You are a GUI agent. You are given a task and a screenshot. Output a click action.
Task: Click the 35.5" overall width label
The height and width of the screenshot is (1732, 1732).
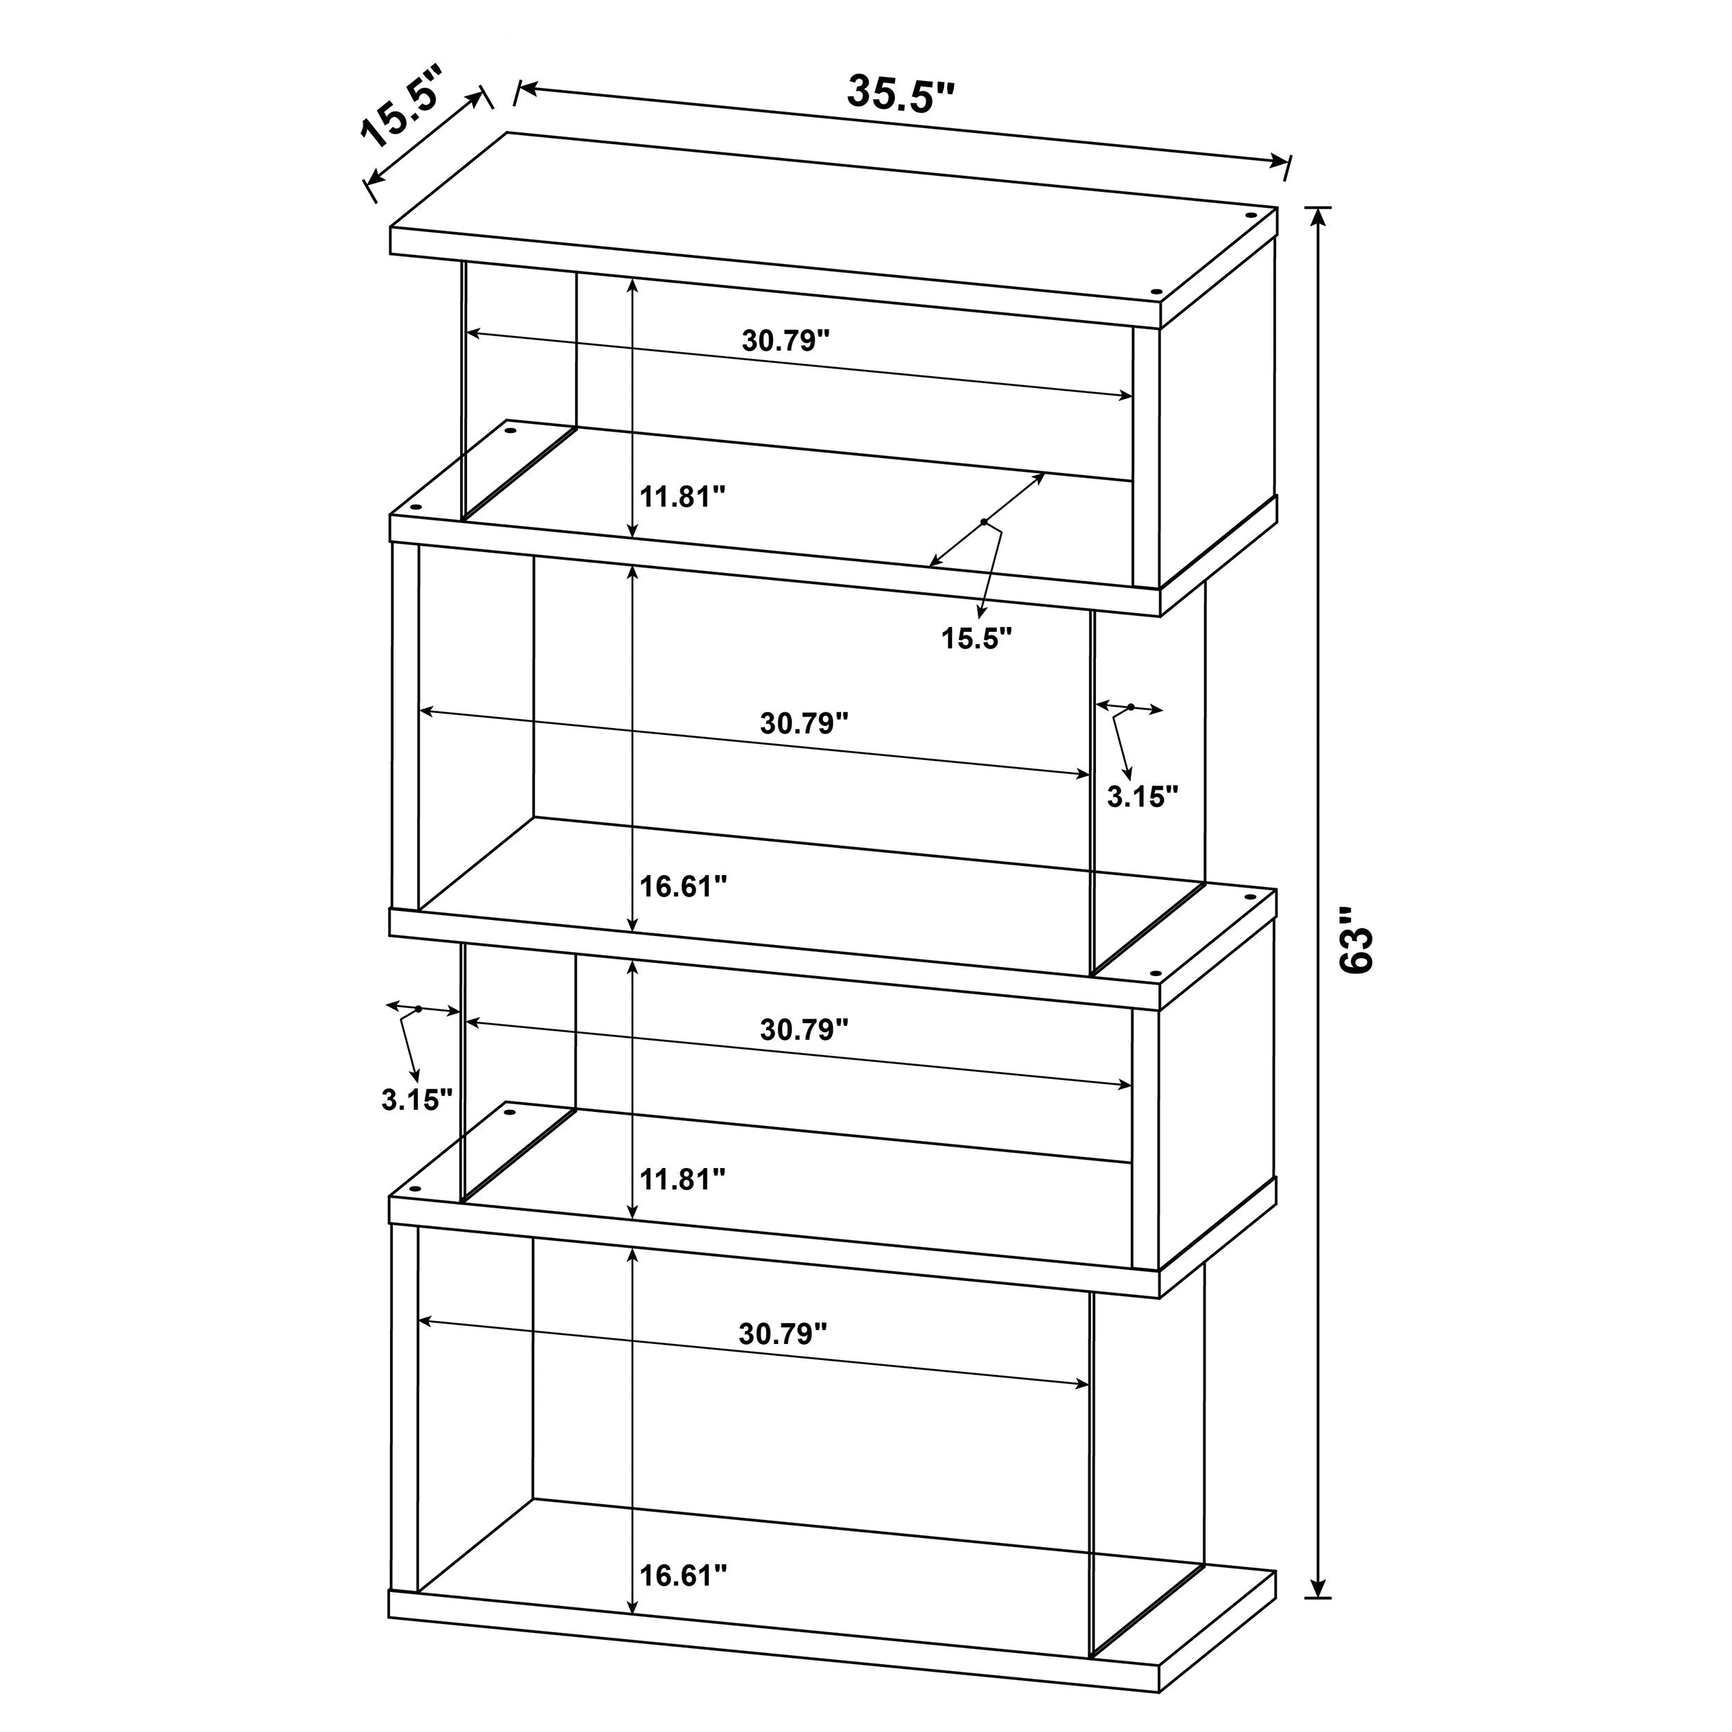point(900,94)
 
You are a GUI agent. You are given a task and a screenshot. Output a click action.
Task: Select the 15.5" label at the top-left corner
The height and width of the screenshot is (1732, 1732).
point(403,106)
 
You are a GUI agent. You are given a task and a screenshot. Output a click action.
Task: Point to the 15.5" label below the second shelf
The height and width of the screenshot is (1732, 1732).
point(976,638)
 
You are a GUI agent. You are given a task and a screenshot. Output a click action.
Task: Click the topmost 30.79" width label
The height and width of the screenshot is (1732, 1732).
point(786,341)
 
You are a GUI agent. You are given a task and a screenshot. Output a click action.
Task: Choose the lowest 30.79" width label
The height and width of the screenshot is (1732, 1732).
point(781,1334)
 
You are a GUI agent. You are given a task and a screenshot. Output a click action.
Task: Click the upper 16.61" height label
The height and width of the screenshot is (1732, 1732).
point(682,887)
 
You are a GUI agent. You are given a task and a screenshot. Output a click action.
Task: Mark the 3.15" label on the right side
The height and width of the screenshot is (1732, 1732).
point(1142,796)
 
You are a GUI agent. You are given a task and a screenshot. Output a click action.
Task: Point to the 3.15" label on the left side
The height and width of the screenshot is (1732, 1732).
point(417,1100)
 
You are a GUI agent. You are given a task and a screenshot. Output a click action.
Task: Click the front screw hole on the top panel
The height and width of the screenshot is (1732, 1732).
point(1156,292)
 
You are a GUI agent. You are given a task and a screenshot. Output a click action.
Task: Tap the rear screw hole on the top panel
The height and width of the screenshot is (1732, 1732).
point(1250,216)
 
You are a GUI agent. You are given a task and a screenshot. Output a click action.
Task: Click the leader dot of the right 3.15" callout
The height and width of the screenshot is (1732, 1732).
point(1131,707)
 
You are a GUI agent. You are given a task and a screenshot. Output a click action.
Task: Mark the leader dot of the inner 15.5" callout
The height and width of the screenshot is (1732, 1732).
point(984,522)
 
